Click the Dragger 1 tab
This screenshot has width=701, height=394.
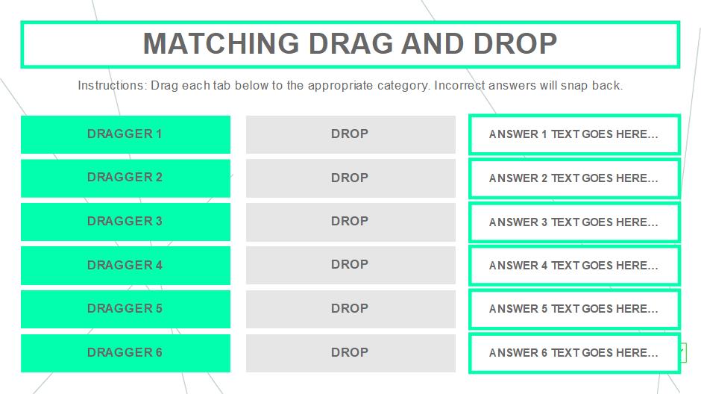[125, 134]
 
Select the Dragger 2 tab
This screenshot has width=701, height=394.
[125, 178]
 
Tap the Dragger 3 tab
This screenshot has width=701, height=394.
[125, 222]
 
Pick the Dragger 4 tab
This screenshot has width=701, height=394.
[125, 265]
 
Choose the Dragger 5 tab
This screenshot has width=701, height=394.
[125, 309]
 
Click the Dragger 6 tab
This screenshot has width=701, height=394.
[125, 353]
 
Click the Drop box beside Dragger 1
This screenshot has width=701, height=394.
[350, 134]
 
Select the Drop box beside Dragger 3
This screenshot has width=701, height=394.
[350, 222]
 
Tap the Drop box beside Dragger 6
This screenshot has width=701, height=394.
[350, 353]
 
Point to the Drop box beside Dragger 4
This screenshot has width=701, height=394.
[350, 265]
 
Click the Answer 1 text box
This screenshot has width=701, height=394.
[574, 134]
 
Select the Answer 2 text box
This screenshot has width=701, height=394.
[574, 178]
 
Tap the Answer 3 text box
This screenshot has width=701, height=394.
[574, 222]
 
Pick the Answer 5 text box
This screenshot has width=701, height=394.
[574, 309]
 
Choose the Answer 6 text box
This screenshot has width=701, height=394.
[574, 353]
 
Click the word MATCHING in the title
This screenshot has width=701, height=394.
[221, 43]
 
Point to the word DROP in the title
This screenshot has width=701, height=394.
[515, 43]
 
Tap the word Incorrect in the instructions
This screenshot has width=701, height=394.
[459, 85]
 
